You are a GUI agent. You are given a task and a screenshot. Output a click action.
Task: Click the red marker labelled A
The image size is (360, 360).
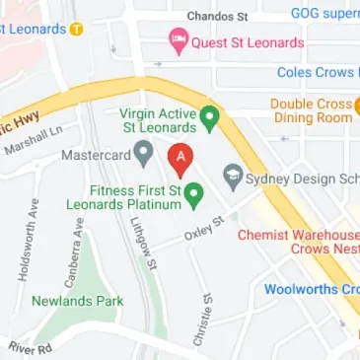pos(180,158)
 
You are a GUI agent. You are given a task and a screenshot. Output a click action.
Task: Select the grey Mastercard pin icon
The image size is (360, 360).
pos(143,152)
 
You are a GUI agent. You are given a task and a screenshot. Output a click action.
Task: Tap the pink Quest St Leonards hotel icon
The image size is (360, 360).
pos(179,41)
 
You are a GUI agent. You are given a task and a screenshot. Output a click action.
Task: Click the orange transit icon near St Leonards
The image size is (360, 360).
pos(76,29)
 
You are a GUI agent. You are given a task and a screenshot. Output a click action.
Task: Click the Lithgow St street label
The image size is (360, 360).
pos(140,242)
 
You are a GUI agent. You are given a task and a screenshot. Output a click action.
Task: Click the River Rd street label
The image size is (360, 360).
pos(30,348)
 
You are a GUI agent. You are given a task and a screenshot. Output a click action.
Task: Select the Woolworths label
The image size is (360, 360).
pos(311,290)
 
